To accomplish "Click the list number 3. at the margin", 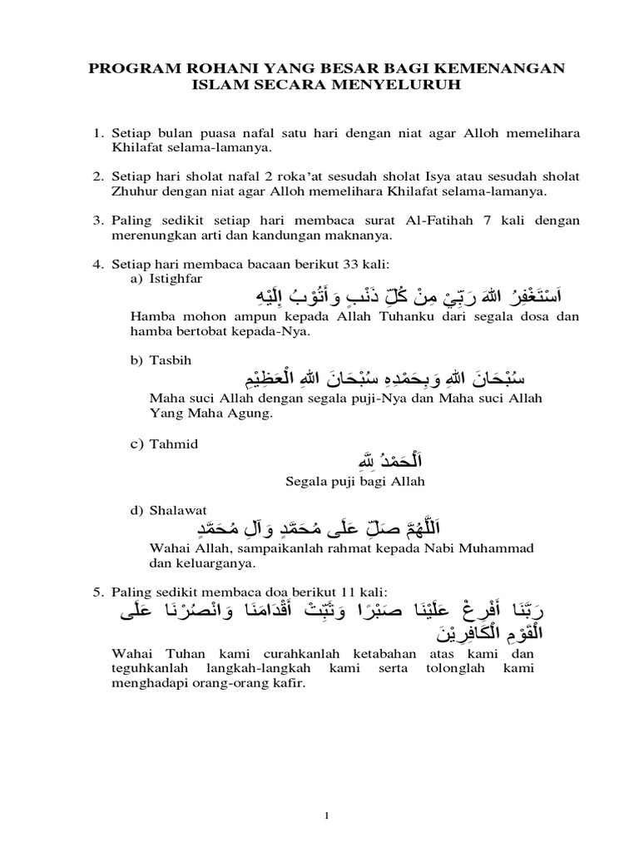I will [97, 220].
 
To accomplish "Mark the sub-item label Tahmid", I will [171, 444].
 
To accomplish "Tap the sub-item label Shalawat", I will [176, 509].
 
